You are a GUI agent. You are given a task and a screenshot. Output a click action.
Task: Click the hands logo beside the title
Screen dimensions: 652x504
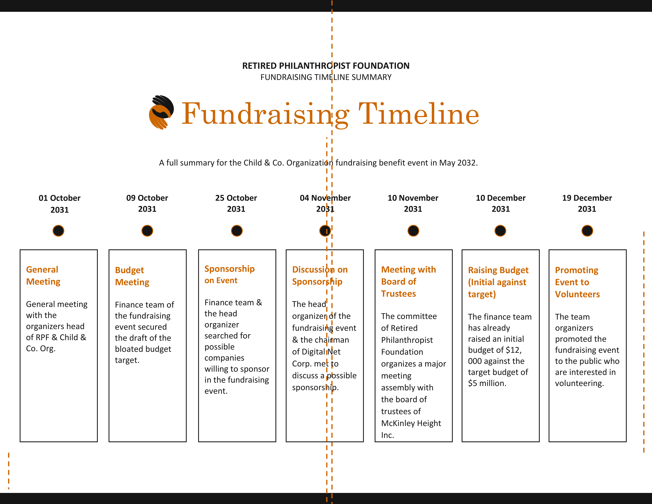pos(161,112)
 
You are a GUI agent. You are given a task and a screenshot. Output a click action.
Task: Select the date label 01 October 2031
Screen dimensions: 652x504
pos(59,204)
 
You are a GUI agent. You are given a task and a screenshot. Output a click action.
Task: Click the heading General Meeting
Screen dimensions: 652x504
pos(43,276)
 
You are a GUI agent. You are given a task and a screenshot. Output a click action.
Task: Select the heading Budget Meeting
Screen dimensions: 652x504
pos(132,276)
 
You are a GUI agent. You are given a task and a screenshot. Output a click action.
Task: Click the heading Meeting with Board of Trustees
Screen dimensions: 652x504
pos(408,282)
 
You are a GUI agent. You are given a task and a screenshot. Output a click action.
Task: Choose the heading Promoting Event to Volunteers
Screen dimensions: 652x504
pos(577,282)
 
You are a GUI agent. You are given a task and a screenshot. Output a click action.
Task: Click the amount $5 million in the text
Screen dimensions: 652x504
pos(487,383)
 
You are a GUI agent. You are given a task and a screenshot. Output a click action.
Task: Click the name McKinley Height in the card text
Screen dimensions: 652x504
pos(411,423)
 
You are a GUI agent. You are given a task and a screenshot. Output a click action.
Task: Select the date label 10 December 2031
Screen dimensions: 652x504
pos(501,203)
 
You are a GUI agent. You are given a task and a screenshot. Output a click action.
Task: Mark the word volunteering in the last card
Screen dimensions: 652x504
pos(579,383)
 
